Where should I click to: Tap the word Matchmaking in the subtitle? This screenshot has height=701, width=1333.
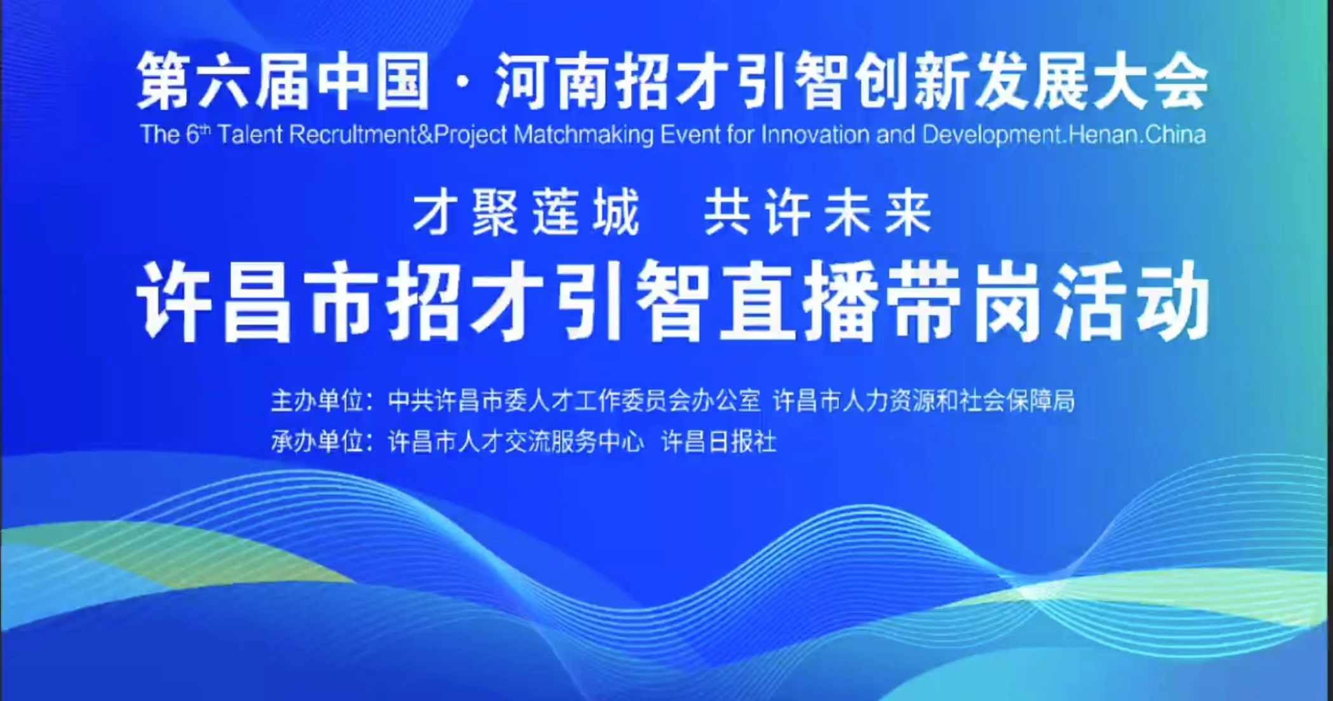(x=584, y=135)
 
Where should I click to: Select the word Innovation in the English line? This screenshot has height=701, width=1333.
(x=821, y=134)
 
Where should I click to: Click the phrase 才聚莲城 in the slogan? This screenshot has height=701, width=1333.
(x=526, y=213)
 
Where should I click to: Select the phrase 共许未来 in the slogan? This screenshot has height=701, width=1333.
(x=818, y=213)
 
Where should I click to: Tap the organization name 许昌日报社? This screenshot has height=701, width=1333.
(x=718, y=441)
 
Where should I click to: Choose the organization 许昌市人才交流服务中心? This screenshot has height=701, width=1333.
(x=516, y=441)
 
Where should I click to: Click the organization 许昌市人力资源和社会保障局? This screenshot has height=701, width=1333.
(x=924, y=401)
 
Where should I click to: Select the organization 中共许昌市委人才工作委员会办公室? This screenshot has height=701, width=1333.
(x=574, y=401)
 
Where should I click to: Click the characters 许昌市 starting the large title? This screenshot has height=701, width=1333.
(x=254, y=301)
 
